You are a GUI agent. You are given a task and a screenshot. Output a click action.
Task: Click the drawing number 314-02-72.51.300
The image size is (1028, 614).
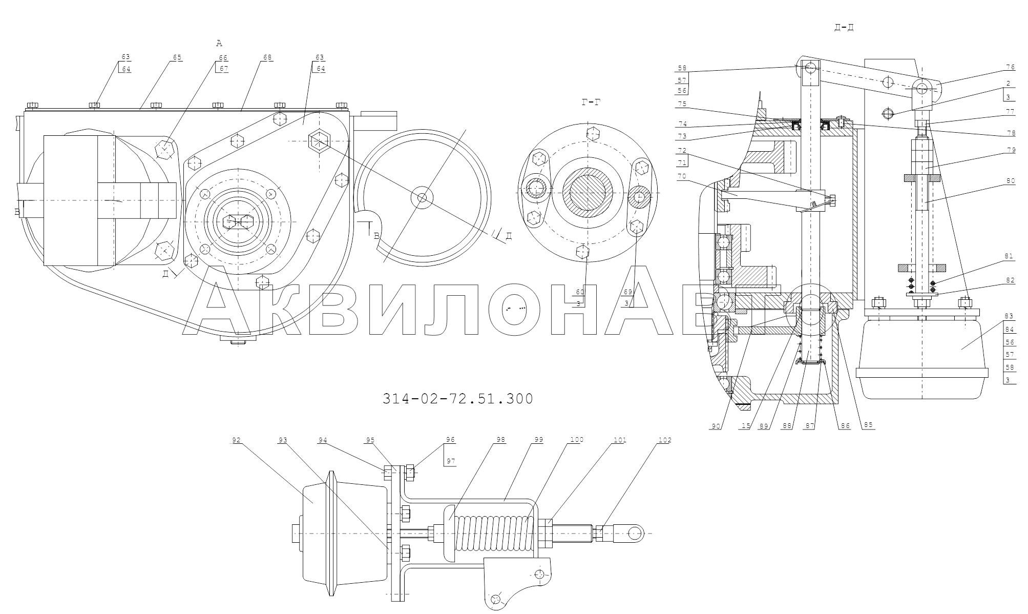pyautogui.click(x=457, y=399)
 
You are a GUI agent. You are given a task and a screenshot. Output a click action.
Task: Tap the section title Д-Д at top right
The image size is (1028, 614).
pyautogui.click(x=844, y=27)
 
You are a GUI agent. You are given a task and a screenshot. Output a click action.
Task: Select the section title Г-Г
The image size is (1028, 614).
pyautogui.click(x=591, y=103)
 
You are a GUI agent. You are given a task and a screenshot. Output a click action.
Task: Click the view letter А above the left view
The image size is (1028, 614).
pyautogui.click(x=219, y=44)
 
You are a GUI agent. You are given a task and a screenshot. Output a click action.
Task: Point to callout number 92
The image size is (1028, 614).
pyautogui.click(x=237, y=440)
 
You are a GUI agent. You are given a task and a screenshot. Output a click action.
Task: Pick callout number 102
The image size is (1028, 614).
pyautogui.click(x=665, y=440)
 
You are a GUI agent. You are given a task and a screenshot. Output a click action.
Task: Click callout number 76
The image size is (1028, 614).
pyautogui.click(x=1006, y=67)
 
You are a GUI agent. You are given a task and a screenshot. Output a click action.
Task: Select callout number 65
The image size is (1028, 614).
pyautogui.click(x=177, y=57)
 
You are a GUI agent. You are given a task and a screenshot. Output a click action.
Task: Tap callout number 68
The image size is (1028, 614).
pyautogui.click(x=267, y=57)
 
